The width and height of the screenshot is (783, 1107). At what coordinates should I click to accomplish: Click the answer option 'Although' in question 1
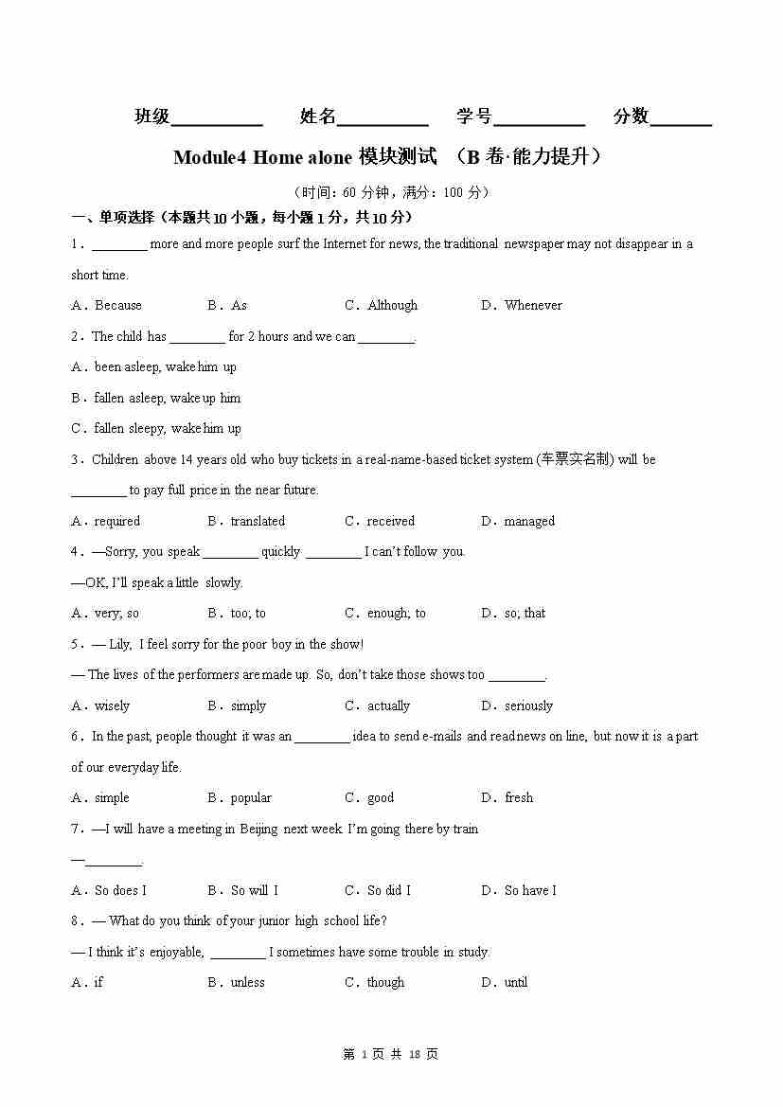point(392,305)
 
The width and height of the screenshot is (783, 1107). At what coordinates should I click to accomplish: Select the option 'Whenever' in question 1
point(533,305)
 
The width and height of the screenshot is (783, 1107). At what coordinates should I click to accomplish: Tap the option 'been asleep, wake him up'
point(165,366)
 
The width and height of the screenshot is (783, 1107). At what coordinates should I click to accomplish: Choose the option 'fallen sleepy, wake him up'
point(167,428)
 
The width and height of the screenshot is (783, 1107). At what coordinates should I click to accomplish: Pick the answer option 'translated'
point(258,521)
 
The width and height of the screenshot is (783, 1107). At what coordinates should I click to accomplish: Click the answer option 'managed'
point(529,521)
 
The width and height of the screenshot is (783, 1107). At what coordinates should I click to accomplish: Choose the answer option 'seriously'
point(528,705)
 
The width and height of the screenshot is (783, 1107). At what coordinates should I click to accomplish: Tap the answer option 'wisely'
point(112,705)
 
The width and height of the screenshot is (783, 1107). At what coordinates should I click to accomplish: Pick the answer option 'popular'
point(251,797)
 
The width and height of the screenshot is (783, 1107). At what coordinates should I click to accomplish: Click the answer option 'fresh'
point(519,797)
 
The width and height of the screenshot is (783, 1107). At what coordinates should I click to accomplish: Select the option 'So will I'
point(255,890)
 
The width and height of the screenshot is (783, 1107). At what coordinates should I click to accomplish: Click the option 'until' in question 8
point(516,982)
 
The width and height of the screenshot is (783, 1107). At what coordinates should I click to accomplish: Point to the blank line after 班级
point(217,119)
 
